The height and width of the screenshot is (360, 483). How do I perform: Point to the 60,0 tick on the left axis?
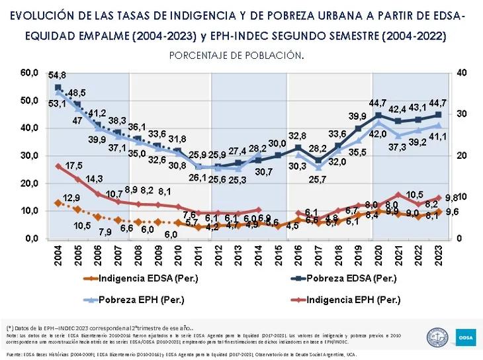[x=28, y=72]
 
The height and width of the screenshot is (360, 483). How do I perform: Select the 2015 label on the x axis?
[x=279, y=255]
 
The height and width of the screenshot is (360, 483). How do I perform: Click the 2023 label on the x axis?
[x=439, y=255]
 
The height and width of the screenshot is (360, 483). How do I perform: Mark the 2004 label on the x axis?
[x=58, y=255]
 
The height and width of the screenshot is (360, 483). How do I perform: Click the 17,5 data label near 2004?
[x=74, y=165]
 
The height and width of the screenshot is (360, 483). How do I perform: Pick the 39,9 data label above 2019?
[x=358, y=116]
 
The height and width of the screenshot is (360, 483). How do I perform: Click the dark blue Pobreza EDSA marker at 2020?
[x=378, y=116]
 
